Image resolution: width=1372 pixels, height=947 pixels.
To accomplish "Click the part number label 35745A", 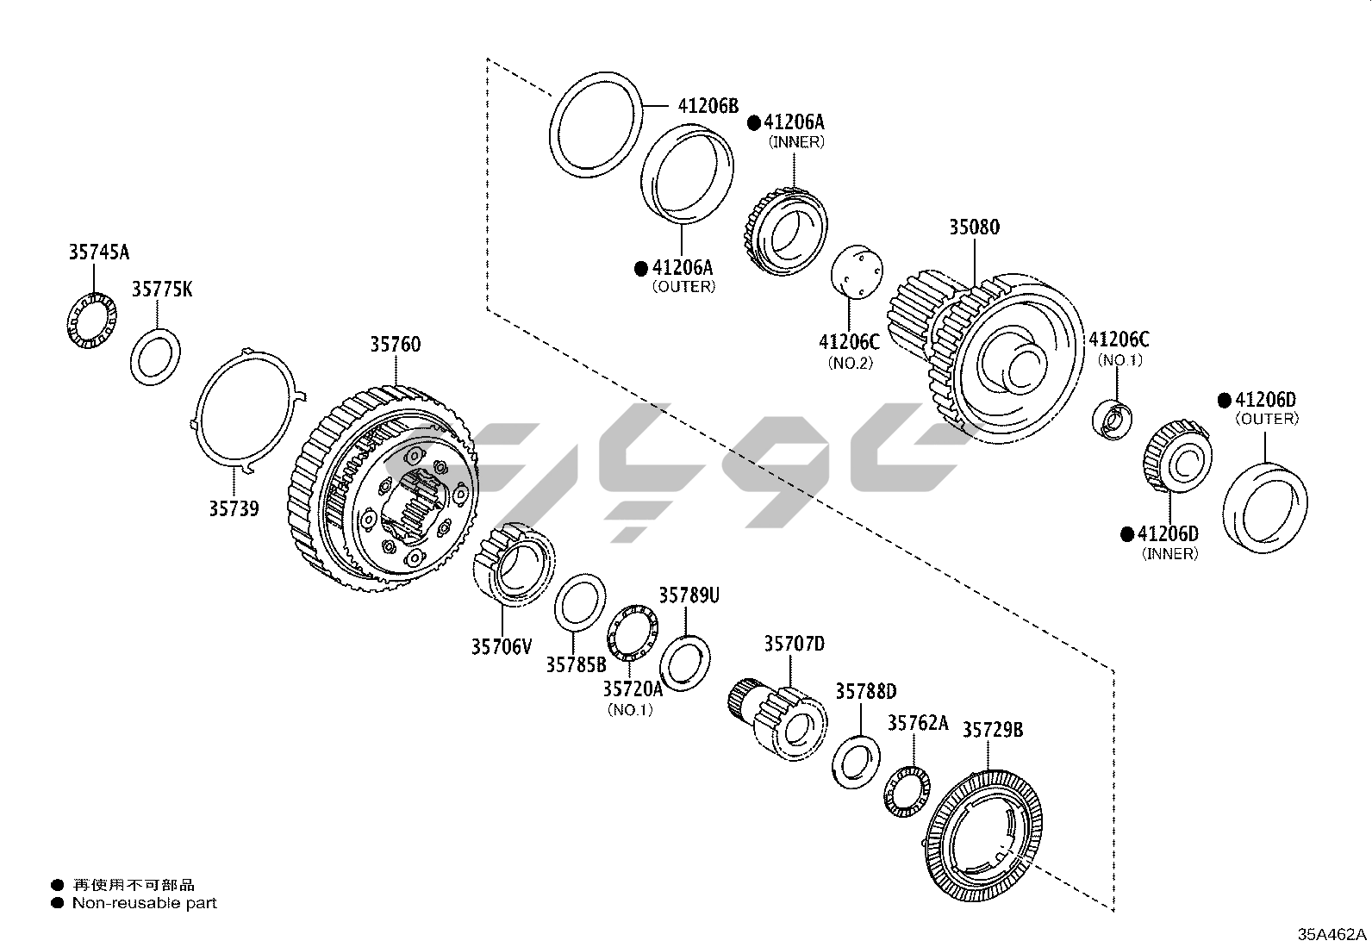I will (x=99, y=252).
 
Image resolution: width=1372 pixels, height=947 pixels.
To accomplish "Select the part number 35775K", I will (x=162, y=290).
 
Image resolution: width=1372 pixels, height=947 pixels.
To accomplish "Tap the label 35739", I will (x=234, y=508).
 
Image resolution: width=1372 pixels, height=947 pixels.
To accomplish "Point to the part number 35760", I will (x=396, y=345).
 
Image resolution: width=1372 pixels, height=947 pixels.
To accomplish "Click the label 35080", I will (x=975, y=227).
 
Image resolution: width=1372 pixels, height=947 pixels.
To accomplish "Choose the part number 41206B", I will (x=708, y=106).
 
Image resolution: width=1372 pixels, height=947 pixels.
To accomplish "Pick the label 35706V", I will (x=502, y=646).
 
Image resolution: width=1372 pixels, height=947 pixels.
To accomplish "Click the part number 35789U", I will (x=689, y=595).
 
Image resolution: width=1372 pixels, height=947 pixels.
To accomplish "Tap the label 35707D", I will (x=794, y=644).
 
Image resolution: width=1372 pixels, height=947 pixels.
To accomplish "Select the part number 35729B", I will (x=993, y=730).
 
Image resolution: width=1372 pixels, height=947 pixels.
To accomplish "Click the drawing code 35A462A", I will (x=1332, y=934).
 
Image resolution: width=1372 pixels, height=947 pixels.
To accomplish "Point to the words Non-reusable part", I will (x=145, y=903).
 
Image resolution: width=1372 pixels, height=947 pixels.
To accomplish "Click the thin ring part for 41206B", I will (x=596, y=126).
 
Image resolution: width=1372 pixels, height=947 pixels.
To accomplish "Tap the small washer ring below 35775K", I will (x=156, y=357).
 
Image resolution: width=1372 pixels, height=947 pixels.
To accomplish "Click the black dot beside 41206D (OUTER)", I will (x=1224, y=400).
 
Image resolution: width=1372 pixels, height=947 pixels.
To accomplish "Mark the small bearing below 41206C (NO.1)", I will (x=1113, y=421).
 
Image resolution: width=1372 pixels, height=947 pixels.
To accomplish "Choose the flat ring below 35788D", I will (x=856, y=762).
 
